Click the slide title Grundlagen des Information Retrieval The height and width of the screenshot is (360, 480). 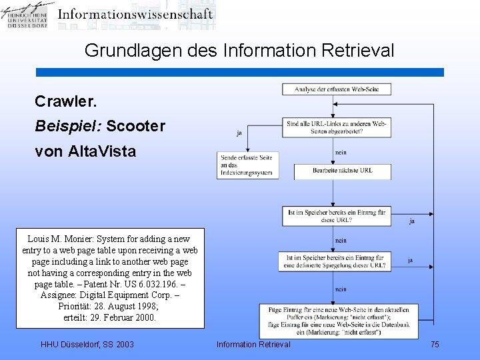[x=239, y=50]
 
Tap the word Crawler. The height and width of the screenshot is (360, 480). [x=66, y=101]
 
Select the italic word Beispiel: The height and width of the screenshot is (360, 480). [x=67, y=126]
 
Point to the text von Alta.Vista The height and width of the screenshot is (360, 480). [x=85, y=151]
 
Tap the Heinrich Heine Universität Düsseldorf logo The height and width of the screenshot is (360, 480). [x=27, y=15]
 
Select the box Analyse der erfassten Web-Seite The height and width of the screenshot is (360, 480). [x=336, y=89]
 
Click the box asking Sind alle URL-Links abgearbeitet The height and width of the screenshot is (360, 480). [x=337, y=127]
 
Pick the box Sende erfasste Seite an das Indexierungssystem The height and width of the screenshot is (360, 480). [x=247, y=165]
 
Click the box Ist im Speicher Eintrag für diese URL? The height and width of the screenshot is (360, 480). [x=336, y=216]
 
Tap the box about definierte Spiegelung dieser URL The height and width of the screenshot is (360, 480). [x=335, y=261]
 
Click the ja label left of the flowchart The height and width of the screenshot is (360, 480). [x=239, y=133]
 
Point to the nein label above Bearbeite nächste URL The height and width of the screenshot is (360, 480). [x=340, y=153]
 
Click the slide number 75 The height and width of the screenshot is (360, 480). [x=435, y=344]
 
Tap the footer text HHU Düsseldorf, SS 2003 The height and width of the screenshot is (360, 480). [x=87, y=344]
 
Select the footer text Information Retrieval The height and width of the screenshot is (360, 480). [x=253, y=344]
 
